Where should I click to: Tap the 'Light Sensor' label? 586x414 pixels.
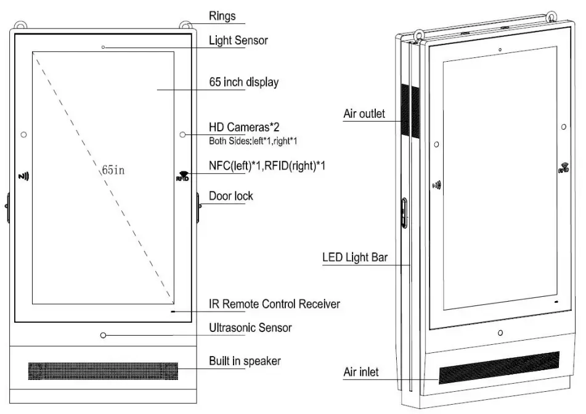pos(238,41)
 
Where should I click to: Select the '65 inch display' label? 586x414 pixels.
pos(243,82)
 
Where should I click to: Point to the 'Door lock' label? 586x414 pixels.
pos(231,196)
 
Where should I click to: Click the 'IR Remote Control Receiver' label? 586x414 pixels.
pos(274,304)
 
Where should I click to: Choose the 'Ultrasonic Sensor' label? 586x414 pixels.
pos(250,327)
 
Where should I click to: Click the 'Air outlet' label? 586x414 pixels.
pos(364,114)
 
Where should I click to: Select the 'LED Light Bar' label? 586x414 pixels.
pos(355,257)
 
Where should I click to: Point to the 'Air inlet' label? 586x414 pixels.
pos(360,372)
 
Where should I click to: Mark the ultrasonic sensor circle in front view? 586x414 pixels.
pos(103,335)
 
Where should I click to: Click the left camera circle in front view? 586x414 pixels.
pos(23,134)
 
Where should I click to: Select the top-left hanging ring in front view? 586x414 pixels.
pos(21,27)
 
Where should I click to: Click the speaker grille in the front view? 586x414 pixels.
pos(102,371)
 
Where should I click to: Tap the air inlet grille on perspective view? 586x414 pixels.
pos(499,366)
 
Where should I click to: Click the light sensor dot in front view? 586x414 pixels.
pos(103,47)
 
